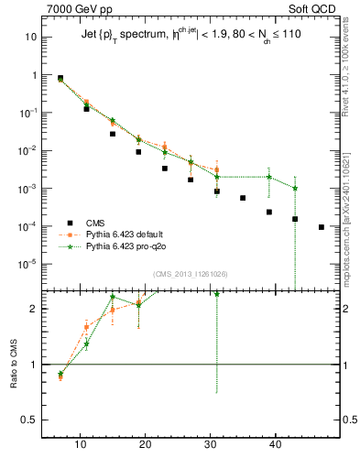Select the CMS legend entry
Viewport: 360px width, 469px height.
pyautogui.click(x=94, y=223)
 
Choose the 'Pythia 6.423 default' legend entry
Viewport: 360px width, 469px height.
pyautogui.click(x=125, y=234)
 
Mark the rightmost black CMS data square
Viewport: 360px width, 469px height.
pyautogui.click(x=322, y=227)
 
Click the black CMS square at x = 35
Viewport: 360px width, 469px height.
pyautogui.click(x=243, y=198)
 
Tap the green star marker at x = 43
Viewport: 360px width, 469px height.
pyautogui.click(x=296, y=189)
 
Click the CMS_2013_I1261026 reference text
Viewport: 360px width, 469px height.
pyautogui.click(x=191, y=274)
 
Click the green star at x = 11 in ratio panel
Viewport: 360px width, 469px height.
pyautogui.click(x=86, y=344)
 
